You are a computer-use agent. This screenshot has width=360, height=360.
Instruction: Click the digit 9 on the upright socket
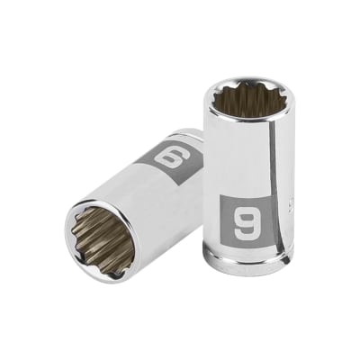[245, 218]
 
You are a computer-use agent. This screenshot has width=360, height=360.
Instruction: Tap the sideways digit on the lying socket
[168, 158]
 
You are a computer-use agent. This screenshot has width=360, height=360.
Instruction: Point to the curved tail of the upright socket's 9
[244, 231]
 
